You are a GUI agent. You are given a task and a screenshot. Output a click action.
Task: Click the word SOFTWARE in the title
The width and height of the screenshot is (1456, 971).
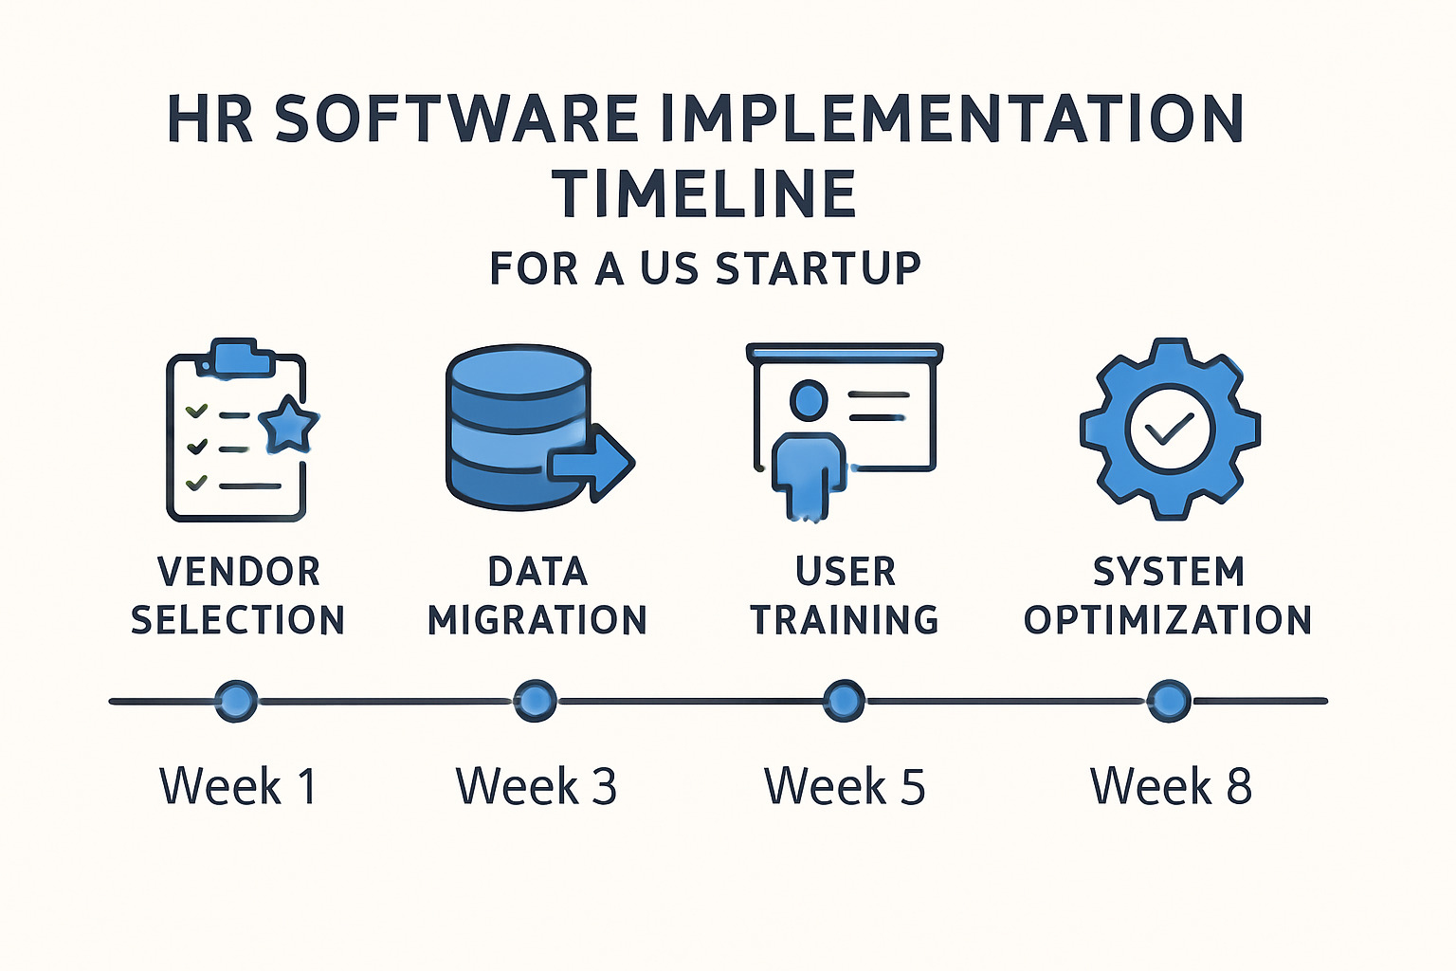(455, 119)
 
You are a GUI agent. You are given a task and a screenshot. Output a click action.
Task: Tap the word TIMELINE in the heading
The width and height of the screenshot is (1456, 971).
(705, 194)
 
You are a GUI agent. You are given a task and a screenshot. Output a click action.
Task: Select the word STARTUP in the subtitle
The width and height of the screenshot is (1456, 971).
(818, 268)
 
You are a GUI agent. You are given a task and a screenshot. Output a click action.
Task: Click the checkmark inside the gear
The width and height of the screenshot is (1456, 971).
(1169, 431)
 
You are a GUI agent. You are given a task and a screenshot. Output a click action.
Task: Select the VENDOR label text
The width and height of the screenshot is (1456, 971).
(239, 572)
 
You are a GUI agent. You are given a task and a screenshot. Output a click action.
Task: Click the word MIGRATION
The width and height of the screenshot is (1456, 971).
(537, 620)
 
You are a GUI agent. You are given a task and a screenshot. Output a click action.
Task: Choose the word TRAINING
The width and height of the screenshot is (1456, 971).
(845, 620)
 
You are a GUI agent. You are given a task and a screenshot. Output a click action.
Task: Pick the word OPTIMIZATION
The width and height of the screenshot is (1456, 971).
(1168, 620)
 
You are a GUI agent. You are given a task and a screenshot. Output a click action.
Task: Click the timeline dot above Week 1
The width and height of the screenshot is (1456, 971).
(236, 702)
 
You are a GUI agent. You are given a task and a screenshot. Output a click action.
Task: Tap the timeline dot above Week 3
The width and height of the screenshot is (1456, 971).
(536, 702)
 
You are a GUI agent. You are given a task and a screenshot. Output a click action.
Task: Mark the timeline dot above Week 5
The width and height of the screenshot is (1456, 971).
(843, 702)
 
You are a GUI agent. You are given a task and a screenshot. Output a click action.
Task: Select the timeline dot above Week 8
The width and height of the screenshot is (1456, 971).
(1168, 702)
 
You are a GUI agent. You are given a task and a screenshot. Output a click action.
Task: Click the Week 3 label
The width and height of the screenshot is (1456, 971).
(537, 786)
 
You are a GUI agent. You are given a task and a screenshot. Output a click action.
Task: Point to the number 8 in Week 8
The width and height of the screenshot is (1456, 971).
(1239, 786)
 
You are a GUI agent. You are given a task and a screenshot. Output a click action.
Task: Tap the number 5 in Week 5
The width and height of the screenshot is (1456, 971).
(912, 786)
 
